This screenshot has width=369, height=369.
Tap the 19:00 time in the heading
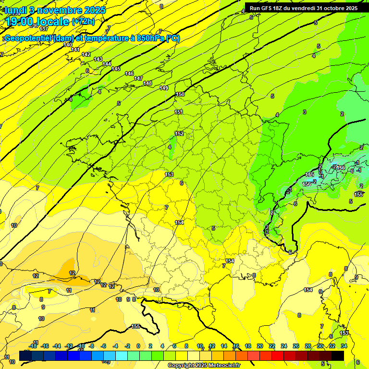[x=20, y=22]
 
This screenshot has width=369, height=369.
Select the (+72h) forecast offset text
[x=83, y=22]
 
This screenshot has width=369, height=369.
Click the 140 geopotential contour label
[x=68, y=45]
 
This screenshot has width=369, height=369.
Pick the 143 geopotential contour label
[x=98, y=59]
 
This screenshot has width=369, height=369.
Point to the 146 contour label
[x=129, y=74]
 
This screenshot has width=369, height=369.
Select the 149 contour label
[x=164, y=88]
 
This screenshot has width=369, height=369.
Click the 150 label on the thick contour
[x=180, y=95]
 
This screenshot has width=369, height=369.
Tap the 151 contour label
[x=179, y=112]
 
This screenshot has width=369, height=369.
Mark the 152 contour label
[x=179, y=134]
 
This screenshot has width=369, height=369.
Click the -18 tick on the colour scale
[x=33, y=346]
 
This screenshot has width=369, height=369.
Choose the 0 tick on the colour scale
[x=138, y=346]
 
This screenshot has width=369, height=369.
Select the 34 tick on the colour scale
[x=344, y=346]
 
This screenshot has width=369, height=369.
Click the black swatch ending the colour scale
[x=338, y=356]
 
